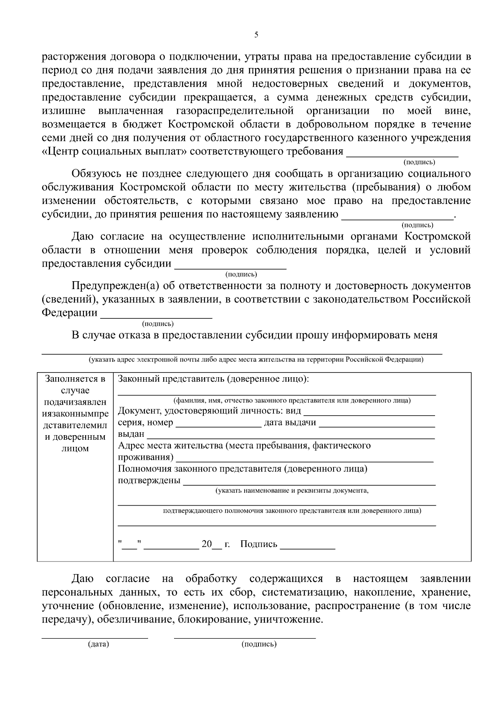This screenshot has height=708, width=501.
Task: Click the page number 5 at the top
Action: [256, 35]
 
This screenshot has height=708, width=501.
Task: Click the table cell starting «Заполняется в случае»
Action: [75, 413]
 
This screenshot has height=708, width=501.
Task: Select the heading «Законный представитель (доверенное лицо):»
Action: [213, 379]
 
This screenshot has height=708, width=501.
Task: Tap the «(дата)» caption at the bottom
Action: [99, 644]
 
